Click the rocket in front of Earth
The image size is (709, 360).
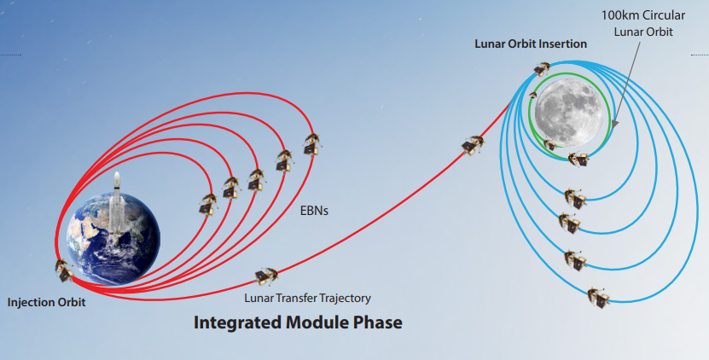pos(117,206)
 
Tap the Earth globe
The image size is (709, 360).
pos(113,239)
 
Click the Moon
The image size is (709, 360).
pos(569,113)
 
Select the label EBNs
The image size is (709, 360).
pos(314,211)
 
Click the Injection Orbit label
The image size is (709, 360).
pos(46,303)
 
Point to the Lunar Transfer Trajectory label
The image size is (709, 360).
pos(307,299)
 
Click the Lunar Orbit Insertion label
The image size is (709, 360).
pos(531,44)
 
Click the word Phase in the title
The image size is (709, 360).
pos(380,322)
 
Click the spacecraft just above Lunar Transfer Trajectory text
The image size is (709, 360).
pos(266,276)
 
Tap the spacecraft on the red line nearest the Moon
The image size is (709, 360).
pos(473,145)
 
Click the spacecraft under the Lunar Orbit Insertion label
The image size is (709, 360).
pos(541,69)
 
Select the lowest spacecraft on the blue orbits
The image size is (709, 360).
pos(598,297)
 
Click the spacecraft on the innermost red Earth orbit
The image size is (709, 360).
pos(208,204)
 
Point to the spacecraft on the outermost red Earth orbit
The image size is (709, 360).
pos(311,144)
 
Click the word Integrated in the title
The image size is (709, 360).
pos(237,323)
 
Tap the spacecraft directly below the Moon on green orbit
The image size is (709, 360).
pos(578,160)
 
